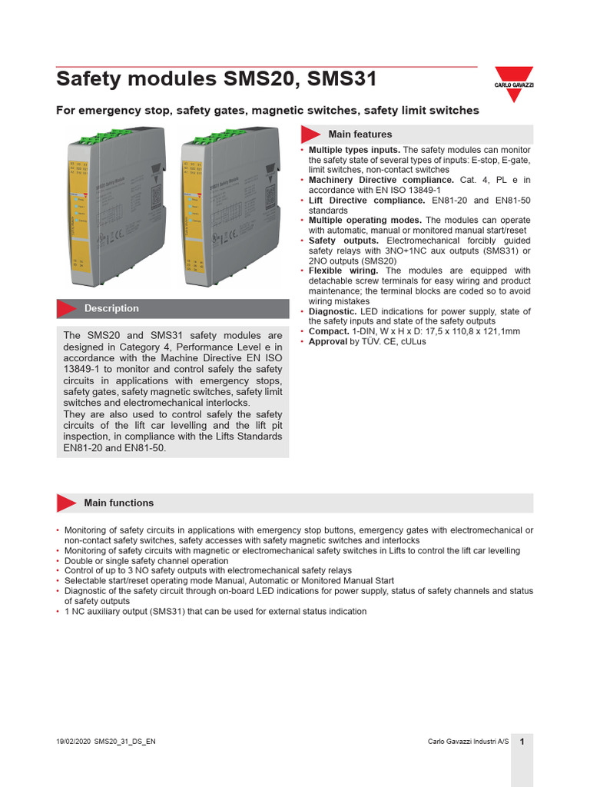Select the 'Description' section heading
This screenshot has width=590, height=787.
[111, 308]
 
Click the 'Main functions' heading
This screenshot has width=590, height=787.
[118, 503]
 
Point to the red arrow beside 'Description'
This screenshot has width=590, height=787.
[68, 308]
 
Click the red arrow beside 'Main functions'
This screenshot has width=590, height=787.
[67, 503]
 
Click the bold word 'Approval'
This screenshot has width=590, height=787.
[328, 341]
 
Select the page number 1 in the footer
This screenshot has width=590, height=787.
[522, 741]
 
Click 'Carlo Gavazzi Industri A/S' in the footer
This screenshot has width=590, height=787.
[468, 741]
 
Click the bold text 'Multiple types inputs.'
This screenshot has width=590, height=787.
[354, 150]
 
